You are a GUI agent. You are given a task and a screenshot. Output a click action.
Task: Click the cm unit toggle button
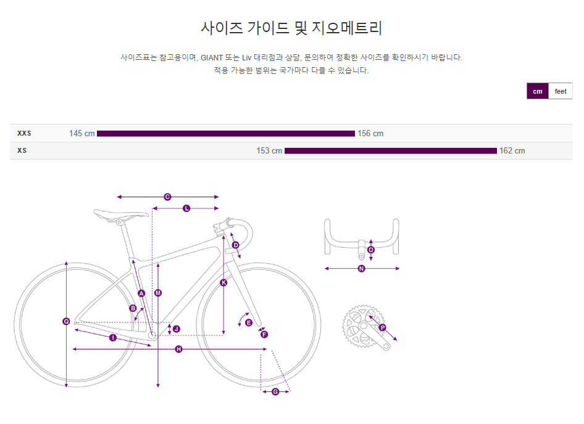(537, 91)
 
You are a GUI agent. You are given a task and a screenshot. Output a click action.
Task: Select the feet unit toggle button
(560, 91)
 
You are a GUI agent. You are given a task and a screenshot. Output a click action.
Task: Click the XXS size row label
(24, 133)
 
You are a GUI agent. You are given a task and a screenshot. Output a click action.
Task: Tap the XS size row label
(22, 150)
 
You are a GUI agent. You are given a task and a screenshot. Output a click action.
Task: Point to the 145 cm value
(81, 134)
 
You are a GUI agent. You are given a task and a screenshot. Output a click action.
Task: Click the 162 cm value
(512, 151)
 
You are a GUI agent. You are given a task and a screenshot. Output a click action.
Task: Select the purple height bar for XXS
(225, 134)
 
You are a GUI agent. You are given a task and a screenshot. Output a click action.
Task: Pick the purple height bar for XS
(390, 151)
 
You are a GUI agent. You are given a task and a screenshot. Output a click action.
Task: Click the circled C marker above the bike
(167, 197)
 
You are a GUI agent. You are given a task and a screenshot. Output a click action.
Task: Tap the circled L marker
(186, 208)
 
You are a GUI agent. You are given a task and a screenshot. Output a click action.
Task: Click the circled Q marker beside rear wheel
(66, 321)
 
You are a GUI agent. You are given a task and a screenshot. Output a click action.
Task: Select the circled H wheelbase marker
(178, 349)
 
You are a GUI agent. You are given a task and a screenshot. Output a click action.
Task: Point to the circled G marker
(275, 391)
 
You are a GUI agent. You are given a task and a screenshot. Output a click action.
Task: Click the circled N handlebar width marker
(362, 268)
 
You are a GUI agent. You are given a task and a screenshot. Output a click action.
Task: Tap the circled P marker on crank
(382, 328)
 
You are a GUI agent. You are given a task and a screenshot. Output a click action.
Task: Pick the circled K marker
(223, 283)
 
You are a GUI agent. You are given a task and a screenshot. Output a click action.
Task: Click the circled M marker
(158, 293)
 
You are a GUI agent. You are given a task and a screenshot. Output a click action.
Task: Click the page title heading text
(291, 28)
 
